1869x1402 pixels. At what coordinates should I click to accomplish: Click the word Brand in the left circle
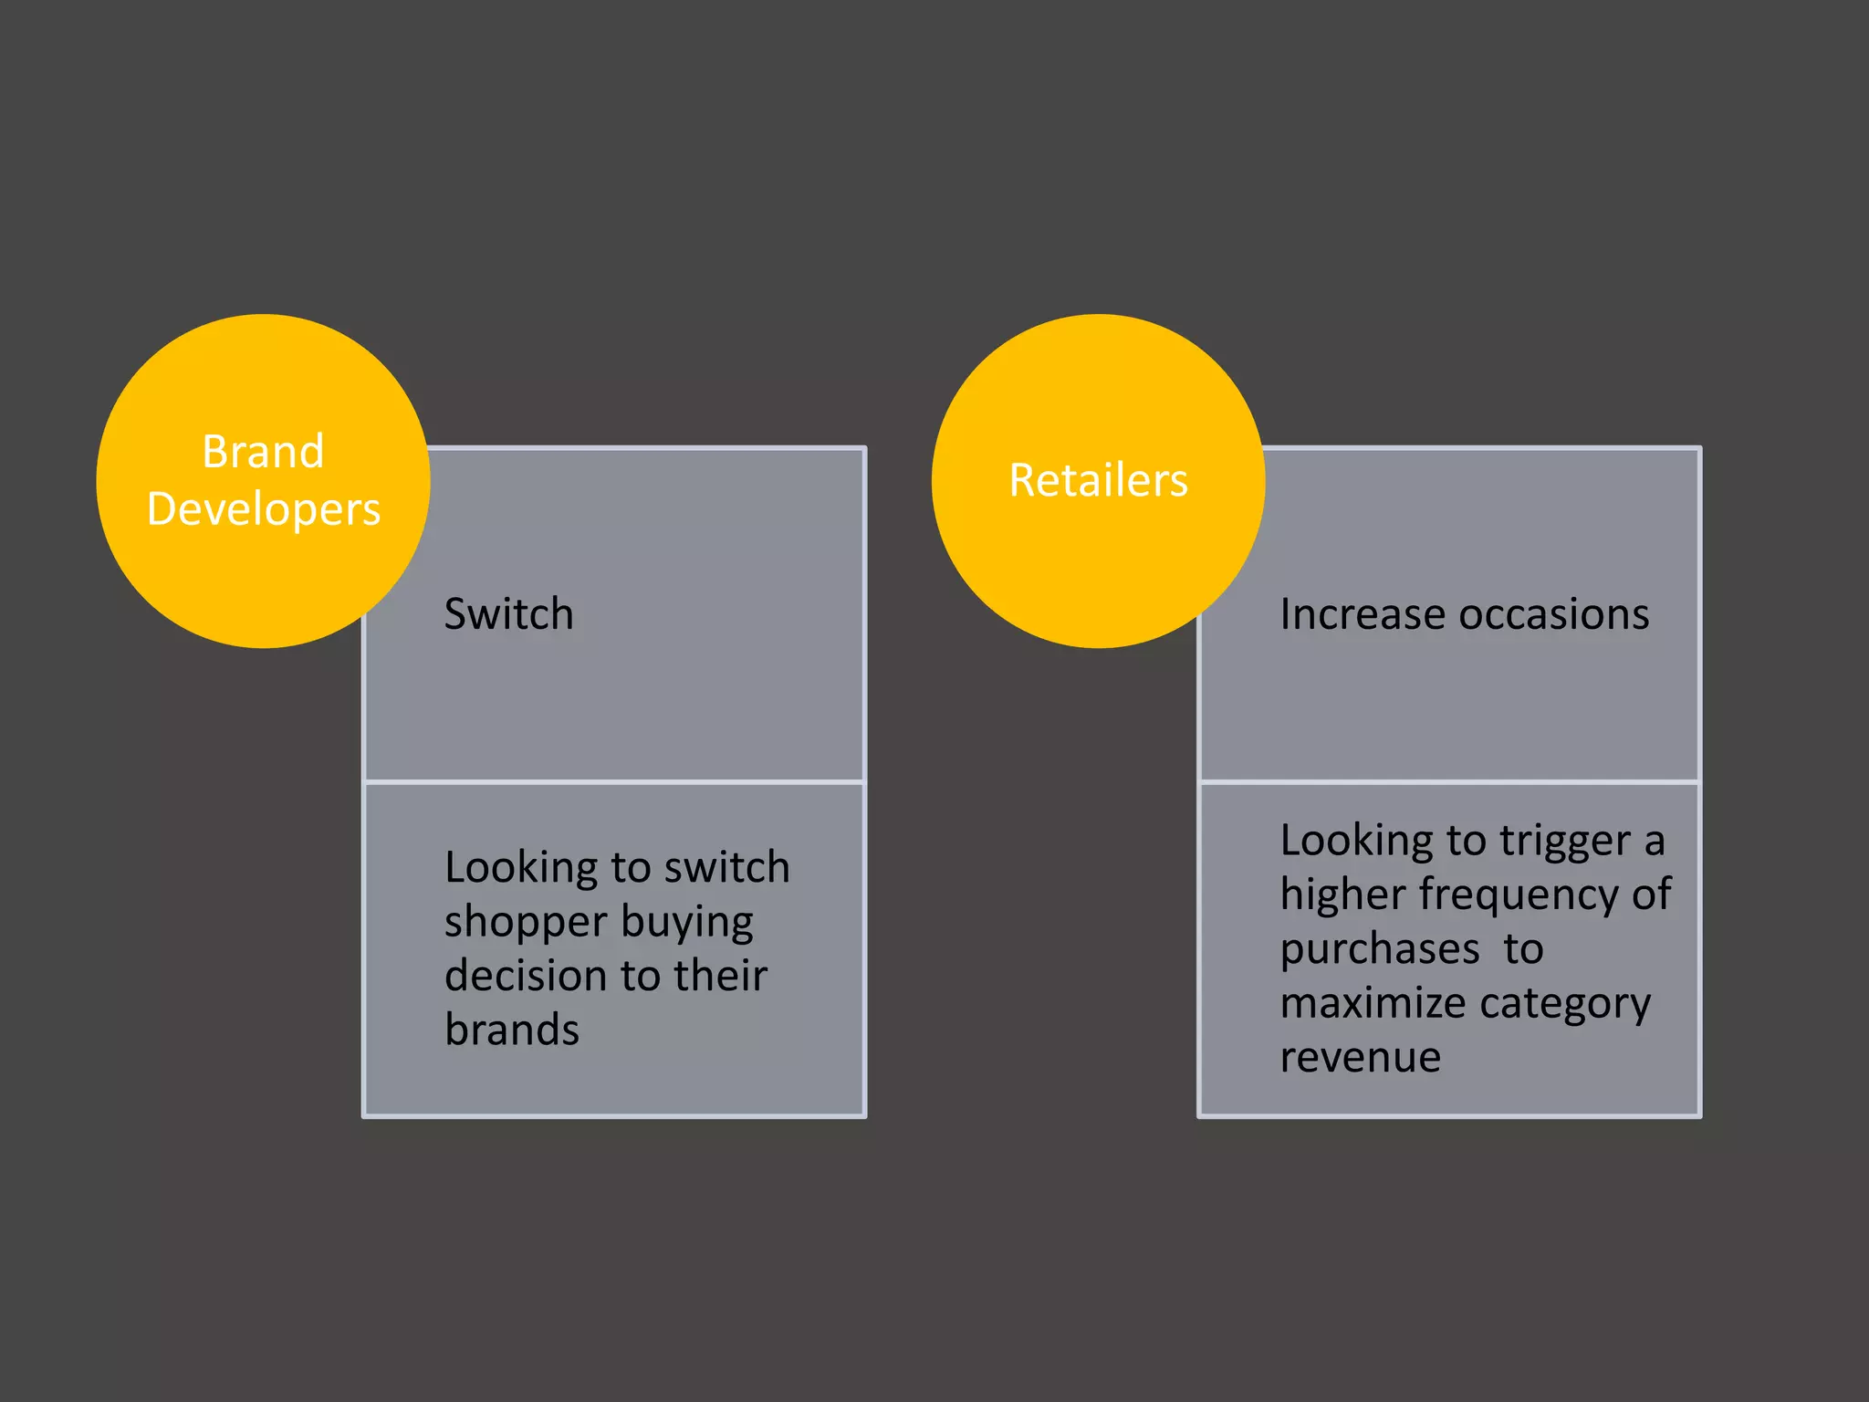(x=263, y=451)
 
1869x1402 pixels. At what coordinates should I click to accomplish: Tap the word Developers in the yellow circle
(x=263, y=509)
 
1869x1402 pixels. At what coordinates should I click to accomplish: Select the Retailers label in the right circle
(x=1098, y=480)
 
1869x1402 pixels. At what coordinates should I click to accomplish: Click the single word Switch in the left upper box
(x=508, y=613)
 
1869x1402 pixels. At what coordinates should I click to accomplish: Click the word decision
(x=523, y=975)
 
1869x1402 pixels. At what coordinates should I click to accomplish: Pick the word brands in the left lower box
(x=512, y=1030)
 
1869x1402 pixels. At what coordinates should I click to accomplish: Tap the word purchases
(x=1380, y=949)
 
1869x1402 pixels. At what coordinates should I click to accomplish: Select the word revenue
(x=1360, y=1057)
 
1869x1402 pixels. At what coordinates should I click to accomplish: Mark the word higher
(x=1342, y=895)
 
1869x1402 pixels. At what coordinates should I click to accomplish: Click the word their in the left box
(x=720, y=975)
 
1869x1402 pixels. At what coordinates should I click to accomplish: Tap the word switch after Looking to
(x=726, y=867)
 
